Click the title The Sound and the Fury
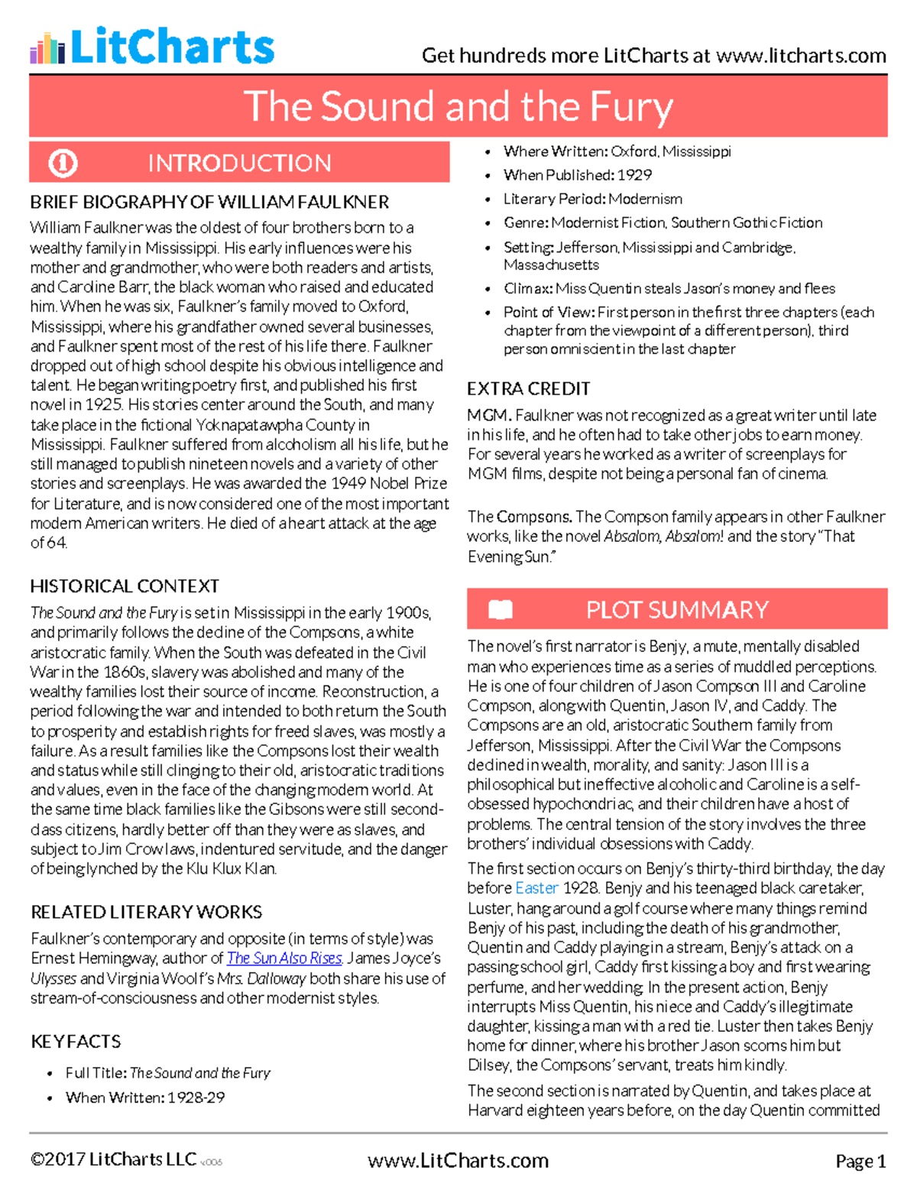[x=458, y=106]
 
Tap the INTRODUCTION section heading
[x=239, y=163]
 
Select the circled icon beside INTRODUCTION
[x=63, y=163]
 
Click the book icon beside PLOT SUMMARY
[x=500, y=609]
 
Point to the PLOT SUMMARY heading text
[x=677, y=609]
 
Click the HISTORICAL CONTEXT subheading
[x=125, y=586]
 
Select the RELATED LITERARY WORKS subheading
[x=146, y=912]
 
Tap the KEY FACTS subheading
[x=76, y=1041]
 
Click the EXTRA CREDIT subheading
[x=529, y=388]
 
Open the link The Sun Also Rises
[x=284, y=958]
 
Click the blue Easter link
[x=536, y=888]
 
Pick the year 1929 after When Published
[x=634, y=175]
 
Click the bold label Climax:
[x=528, y=288]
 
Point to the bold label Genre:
[x=526, y=222]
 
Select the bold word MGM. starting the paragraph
[x=489, y=415]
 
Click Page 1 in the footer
[x=860, y=1161]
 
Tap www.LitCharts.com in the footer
[x=458, y=1160]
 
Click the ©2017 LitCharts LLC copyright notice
[x=113, y=1159]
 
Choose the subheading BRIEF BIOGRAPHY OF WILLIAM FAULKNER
[x=209, y=202]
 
